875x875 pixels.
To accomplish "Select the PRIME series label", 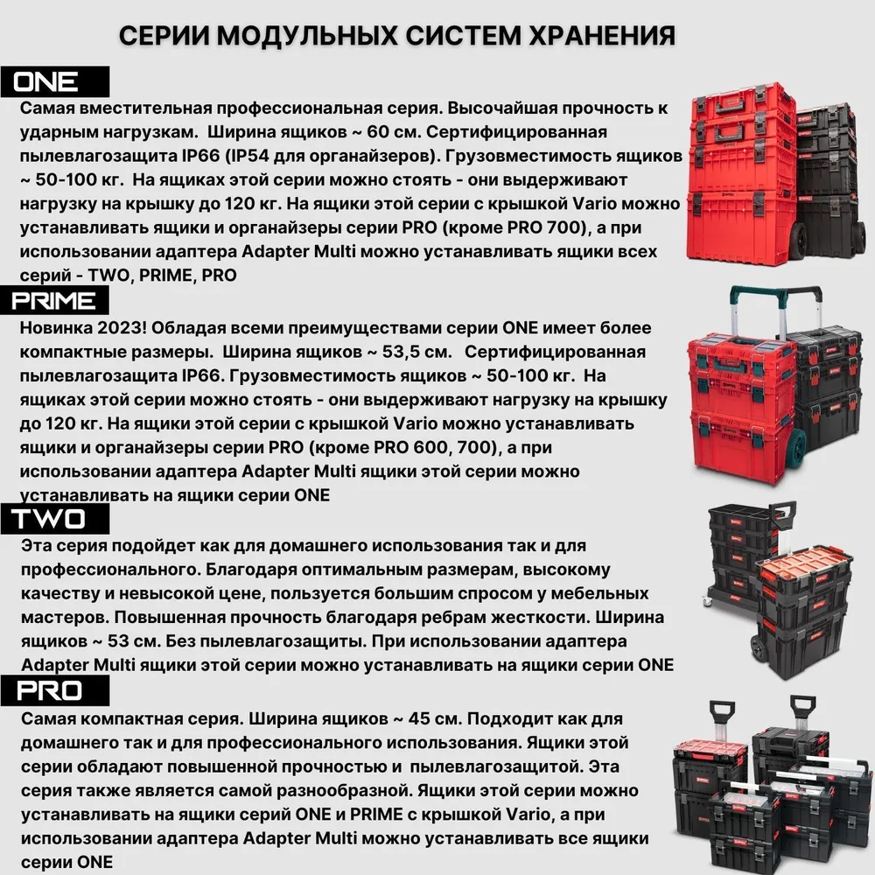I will click(x=54, y=301).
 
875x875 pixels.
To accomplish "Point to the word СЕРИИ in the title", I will click(x=163, y=36).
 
